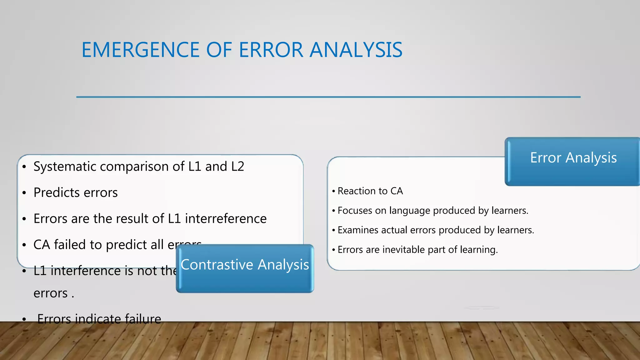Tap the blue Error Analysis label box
[x=573, y=161]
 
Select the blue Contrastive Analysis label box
[x=245, y=269]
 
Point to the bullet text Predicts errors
[x=76, y=192]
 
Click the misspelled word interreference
[x=226, y=218]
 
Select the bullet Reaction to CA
[x=370, y=191]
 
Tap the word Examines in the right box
[x=358, y=230]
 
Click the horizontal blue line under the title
[x=328, y=97]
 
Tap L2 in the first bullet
[x=237, y=167]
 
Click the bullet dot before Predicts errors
[x=24, y=193]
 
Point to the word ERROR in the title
[x=271, y=50]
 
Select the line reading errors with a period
[x=53, y=293]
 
